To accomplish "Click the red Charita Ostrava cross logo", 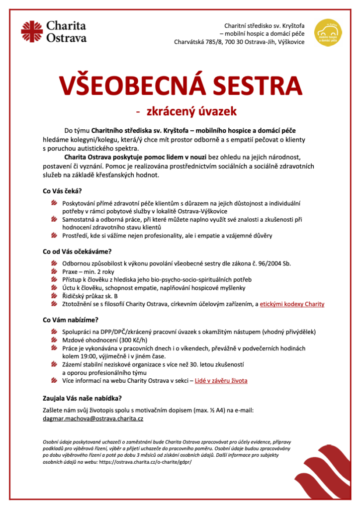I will click(x=31, y=31).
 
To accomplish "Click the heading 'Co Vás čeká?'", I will click(x=62, y=191).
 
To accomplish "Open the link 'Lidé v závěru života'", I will click(x=221, y=381).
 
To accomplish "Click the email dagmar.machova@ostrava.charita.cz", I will click(x=93, y=419).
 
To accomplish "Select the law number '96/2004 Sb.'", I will click(x=272, y=264).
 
